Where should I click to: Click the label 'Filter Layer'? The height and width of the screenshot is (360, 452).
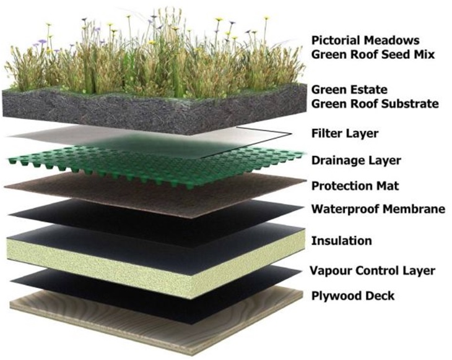(x=345, y=134)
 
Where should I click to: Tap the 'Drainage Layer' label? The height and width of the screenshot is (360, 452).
(x=356, y=160)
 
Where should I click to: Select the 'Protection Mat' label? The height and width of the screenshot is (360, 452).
(x=355, y=186)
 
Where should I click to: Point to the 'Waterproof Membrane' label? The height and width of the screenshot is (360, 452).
(x=378, y=209)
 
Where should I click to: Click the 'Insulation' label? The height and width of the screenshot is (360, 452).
(x=342, y=241)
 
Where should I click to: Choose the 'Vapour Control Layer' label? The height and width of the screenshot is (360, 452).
(x=373, y=271)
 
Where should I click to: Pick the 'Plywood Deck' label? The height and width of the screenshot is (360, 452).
(x=353, y=296)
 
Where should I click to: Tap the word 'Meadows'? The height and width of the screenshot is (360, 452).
(x=391, y=40)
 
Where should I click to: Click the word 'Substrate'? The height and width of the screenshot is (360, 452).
(x=410, y=104)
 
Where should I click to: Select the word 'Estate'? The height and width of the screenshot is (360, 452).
(x=368, y=90)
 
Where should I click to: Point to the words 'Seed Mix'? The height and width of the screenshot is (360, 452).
(x=408, y=54)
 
